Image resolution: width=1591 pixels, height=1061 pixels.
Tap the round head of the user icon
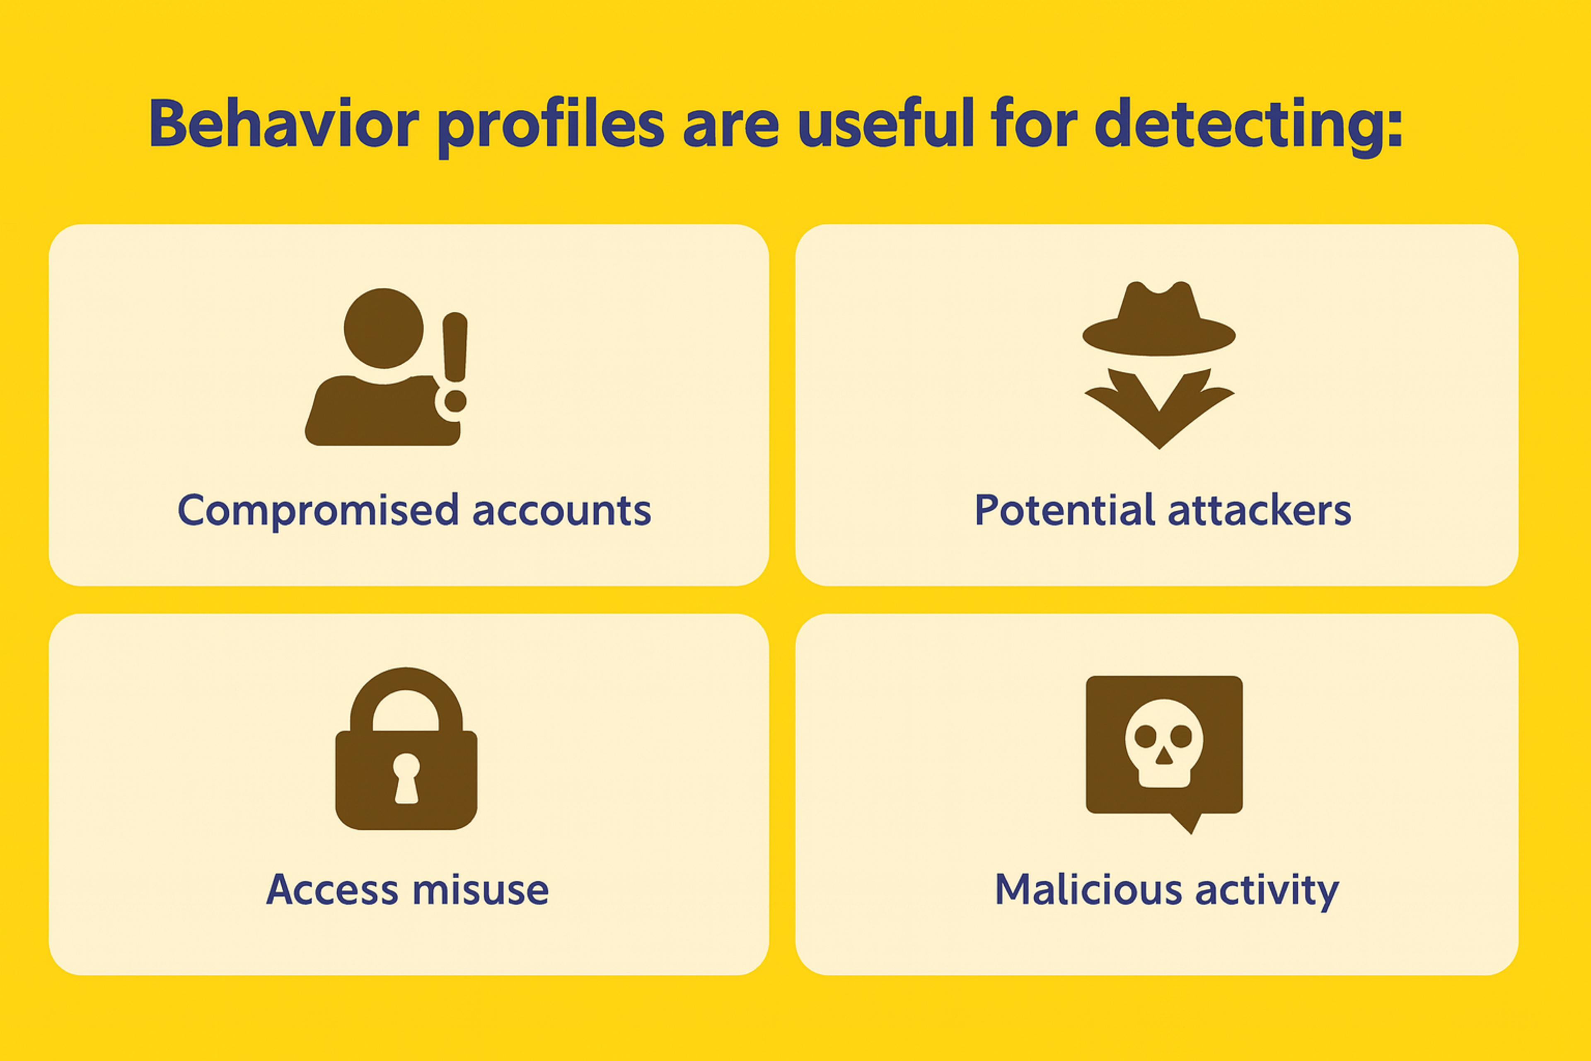384,328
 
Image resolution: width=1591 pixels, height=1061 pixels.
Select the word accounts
561,511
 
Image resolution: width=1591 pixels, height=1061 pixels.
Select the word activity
1267,891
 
